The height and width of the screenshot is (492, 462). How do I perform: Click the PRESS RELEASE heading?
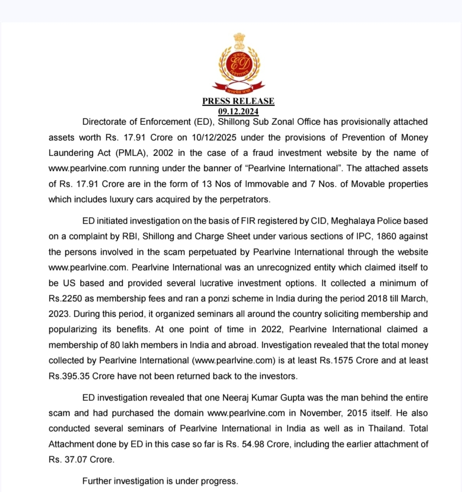click(x=238, y=101)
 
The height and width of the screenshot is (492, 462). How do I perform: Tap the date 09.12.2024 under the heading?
click(x=238, y=111)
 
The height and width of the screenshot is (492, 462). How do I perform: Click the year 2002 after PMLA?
click(x=163, y=153)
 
